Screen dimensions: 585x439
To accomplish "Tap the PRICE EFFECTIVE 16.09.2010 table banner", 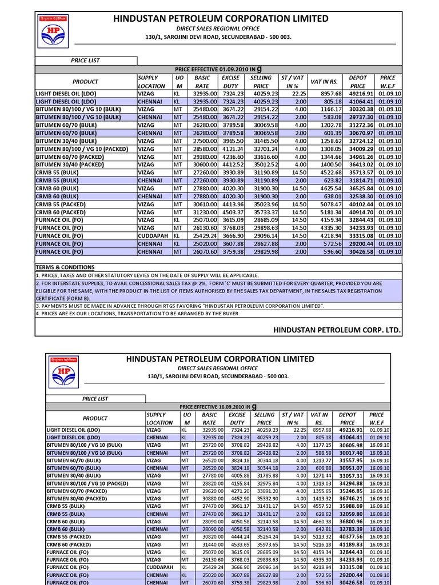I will tap(218, 406).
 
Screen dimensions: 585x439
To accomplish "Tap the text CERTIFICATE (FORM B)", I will tap(63, 298).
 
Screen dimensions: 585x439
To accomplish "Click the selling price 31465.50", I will tap(264, 141).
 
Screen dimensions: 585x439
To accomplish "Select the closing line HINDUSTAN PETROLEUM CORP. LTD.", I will tap(337, 330).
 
